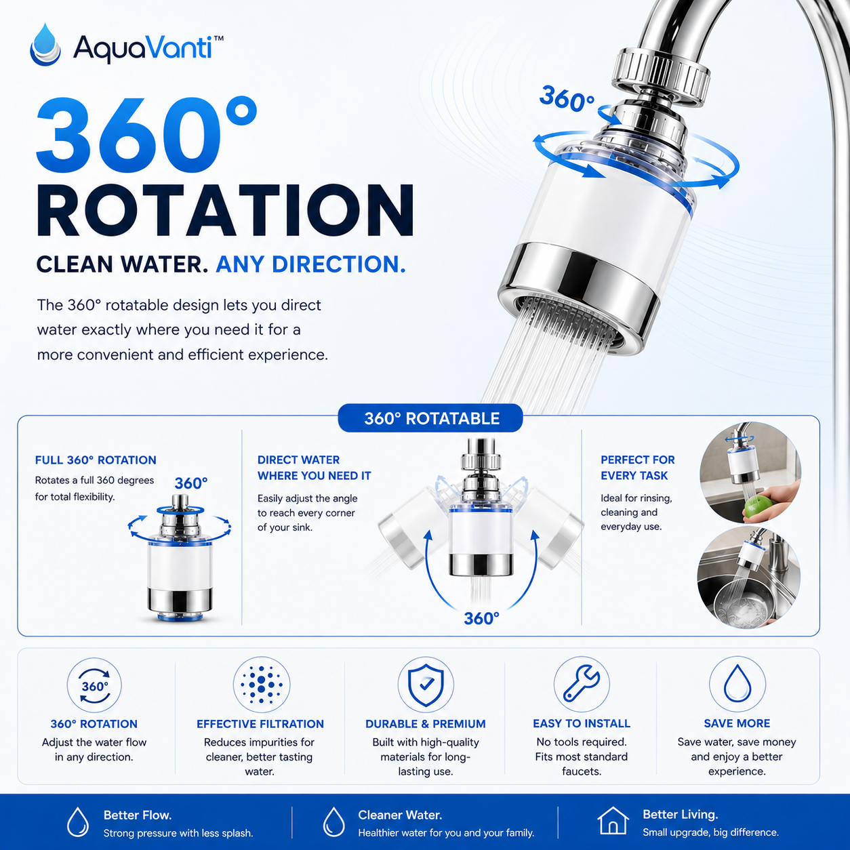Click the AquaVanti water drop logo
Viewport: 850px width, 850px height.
coord(45,45)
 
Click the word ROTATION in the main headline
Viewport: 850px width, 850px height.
coord(226,211)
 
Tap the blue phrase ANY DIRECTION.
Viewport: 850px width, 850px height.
coord(310,264)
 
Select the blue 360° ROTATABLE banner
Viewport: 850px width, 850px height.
coord(430,418)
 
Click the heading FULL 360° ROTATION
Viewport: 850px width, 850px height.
coord(96,460)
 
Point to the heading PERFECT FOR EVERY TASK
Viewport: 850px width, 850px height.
coord(637,468)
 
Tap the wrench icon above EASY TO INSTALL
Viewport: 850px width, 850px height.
coord(582,684)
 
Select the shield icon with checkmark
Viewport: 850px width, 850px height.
coord(426,685)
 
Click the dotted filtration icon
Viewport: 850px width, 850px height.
coord(261,685)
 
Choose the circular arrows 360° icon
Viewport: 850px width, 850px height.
coord(94,686)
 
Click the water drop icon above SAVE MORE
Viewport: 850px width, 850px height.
coord(737,684)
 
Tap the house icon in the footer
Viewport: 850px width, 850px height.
coord(613,820)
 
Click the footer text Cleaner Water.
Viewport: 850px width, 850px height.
coord(400,815)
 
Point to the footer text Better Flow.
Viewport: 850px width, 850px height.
coord(138,815)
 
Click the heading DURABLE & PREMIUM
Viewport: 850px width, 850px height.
coord(425,724)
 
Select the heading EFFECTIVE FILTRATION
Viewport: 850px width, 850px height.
coord(260,724)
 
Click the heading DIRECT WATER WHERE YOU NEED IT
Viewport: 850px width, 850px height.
coord(314,468)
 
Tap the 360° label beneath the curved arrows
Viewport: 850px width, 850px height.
coord(481,618)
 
